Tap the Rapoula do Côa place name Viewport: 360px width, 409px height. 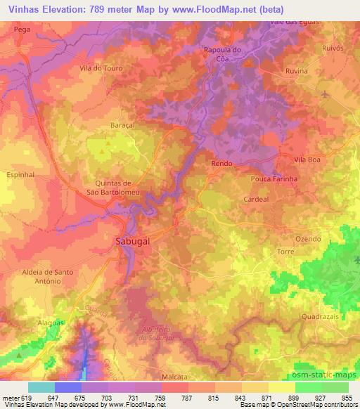coord(221,54)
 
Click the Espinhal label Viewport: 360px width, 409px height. coord(20,173)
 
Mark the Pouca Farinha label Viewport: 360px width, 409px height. coord(272,179)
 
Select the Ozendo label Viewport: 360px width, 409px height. coord(309,239)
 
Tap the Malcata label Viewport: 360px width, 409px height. coord(173,377)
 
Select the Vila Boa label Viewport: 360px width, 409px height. coord(308,160)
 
